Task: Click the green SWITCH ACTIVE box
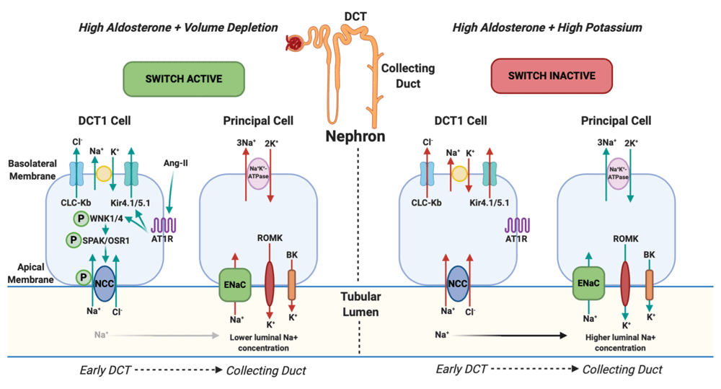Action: pos(184,78)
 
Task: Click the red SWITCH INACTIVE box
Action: pos(552,75)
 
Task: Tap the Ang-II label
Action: pos(175,164)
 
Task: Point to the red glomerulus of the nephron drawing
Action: pos(294,42)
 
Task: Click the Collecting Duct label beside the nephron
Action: pos(407,74)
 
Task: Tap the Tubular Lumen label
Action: pos(360,305)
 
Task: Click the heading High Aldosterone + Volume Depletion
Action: pos(178,27)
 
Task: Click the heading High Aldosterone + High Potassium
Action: pos(547,27)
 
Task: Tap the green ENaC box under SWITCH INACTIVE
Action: pos(586,283)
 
